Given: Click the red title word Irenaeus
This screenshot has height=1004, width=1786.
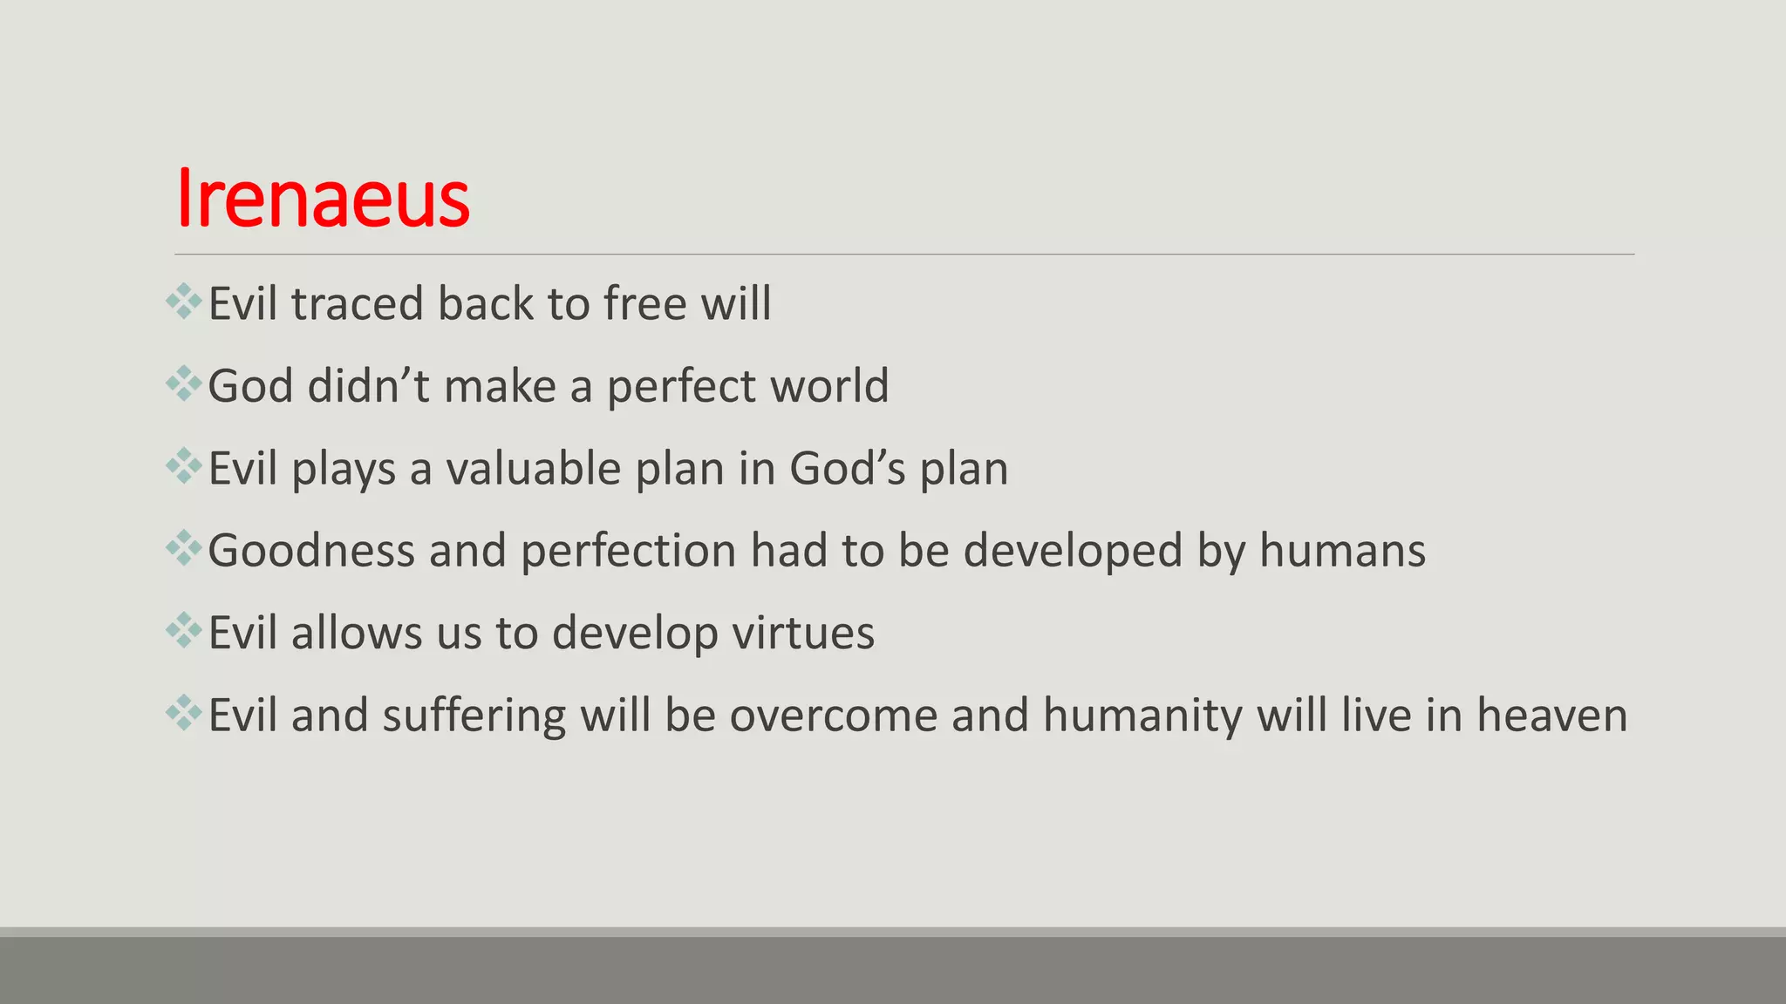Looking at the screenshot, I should click(x=323, y=199).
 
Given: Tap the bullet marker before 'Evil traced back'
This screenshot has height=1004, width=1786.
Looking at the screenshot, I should click(x=183, y=302).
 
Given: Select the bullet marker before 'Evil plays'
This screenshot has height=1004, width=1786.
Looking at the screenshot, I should click(x=183, y=466).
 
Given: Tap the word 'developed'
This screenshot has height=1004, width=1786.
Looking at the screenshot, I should click(x=1073, y=551).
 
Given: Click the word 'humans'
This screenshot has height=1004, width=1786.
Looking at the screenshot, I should click(x=1342, y=551).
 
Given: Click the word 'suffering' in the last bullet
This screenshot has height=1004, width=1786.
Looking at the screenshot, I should click(x=474, y=716).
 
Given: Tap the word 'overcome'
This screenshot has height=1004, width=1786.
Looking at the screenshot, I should click(x=834, y=716).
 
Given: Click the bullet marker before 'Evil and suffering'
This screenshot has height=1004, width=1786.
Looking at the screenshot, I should click(x=183, y=713).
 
